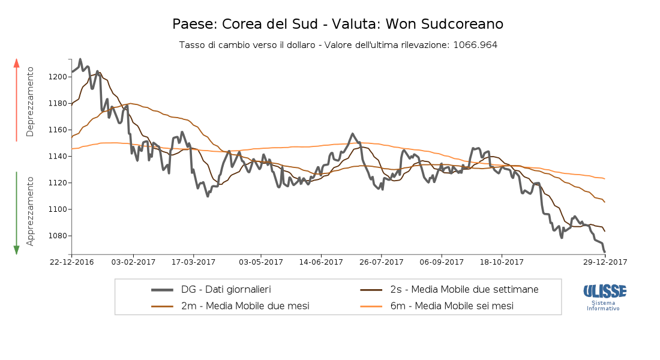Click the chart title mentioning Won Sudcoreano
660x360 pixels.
[338, 24]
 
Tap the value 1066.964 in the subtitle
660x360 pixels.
[475, 45]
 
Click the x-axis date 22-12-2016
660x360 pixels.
[72, 262]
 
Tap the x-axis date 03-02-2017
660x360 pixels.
[133, 262]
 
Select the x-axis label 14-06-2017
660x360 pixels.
[321, 262]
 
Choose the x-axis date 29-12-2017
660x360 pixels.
[605, 262]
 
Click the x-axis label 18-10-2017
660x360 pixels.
[503, 262]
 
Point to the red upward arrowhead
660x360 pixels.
[17, 62]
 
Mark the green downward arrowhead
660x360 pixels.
[17, 250]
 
